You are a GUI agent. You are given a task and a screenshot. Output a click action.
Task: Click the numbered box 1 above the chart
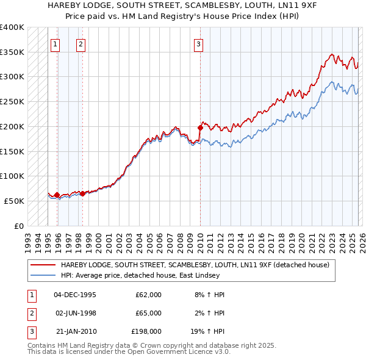(x=56, y=43)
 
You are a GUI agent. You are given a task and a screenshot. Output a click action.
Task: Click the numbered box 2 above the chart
(x=81, y=43)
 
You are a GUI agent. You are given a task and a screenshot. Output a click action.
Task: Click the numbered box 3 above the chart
(x=199, y=43)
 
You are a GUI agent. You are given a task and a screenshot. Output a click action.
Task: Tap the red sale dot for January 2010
(x=200, y=128)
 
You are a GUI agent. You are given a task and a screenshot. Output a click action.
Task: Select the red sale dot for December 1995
(x=57, y=195)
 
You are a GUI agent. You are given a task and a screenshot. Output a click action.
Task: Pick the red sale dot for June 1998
(x=82, y=193)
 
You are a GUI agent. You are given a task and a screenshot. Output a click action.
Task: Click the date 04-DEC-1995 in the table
(x=75, y=295)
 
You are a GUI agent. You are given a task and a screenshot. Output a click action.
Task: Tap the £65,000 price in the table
(x=148, y=313)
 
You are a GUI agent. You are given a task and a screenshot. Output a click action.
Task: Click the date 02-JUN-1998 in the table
(x=75, y=313)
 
